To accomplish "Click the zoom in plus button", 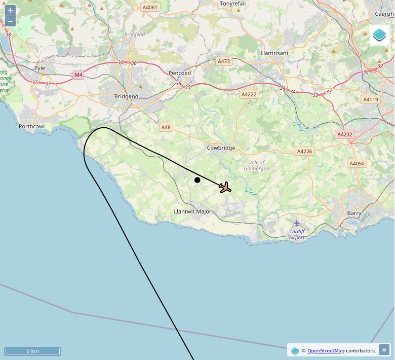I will click(x=10, y=11).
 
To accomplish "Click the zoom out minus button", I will click(x=10, y=21).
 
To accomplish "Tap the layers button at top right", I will click(x=379, y=35).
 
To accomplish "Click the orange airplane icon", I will click(x=225, y=188).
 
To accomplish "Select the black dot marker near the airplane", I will click(x=197, y=180).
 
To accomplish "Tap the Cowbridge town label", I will click(x=221, y=148).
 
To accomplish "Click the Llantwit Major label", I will click(x=192, y=211).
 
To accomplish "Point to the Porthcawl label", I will click(x=31, y=126).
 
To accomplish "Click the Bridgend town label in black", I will click(x=126, y=96).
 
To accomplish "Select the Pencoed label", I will click(x=180, y=73).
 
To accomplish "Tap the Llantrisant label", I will click(x=274, y=53).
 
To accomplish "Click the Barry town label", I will click(x=354, y=213).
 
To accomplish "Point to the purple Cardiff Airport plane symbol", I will click(x=297, y=223).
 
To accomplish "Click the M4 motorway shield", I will click(x=78, y=75).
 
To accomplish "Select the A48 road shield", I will click(x=166, y=127).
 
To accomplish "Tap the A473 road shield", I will click(x=223, y=61).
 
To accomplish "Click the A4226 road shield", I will click(x=304, y=151).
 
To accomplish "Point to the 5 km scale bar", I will click(x=32, y=351).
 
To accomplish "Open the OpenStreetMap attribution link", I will click(x=326, y=350).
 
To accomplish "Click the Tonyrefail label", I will click(x=233, y=4).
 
